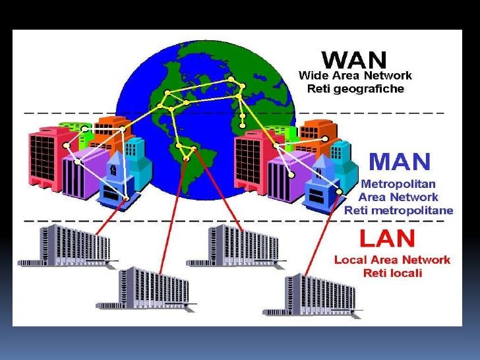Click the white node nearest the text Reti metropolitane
[x=339, y=192]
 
